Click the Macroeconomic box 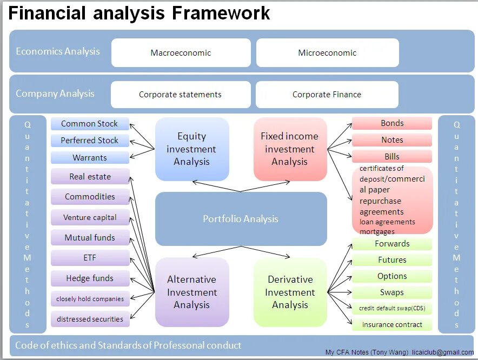181,53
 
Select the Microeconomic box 327,53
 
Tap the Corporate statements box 180,95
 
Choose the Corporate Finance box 327,95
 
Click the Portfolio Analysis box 241,219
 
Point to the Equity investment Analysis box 191,149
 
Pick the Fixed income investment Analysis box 290,149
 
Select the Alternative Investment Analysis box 191,292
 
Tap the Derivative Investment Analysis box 290,292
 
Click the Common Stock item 90,124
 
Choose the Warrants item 90,158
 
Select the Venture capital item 90,218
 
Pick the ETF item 90,258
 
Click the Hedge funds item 90,278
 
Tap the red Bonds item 392,123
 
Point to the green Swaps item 392,292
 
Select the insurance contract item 392,325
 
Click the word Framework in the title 221,13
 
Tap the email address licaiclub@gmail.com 442,352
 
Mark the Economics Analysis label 58,52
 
